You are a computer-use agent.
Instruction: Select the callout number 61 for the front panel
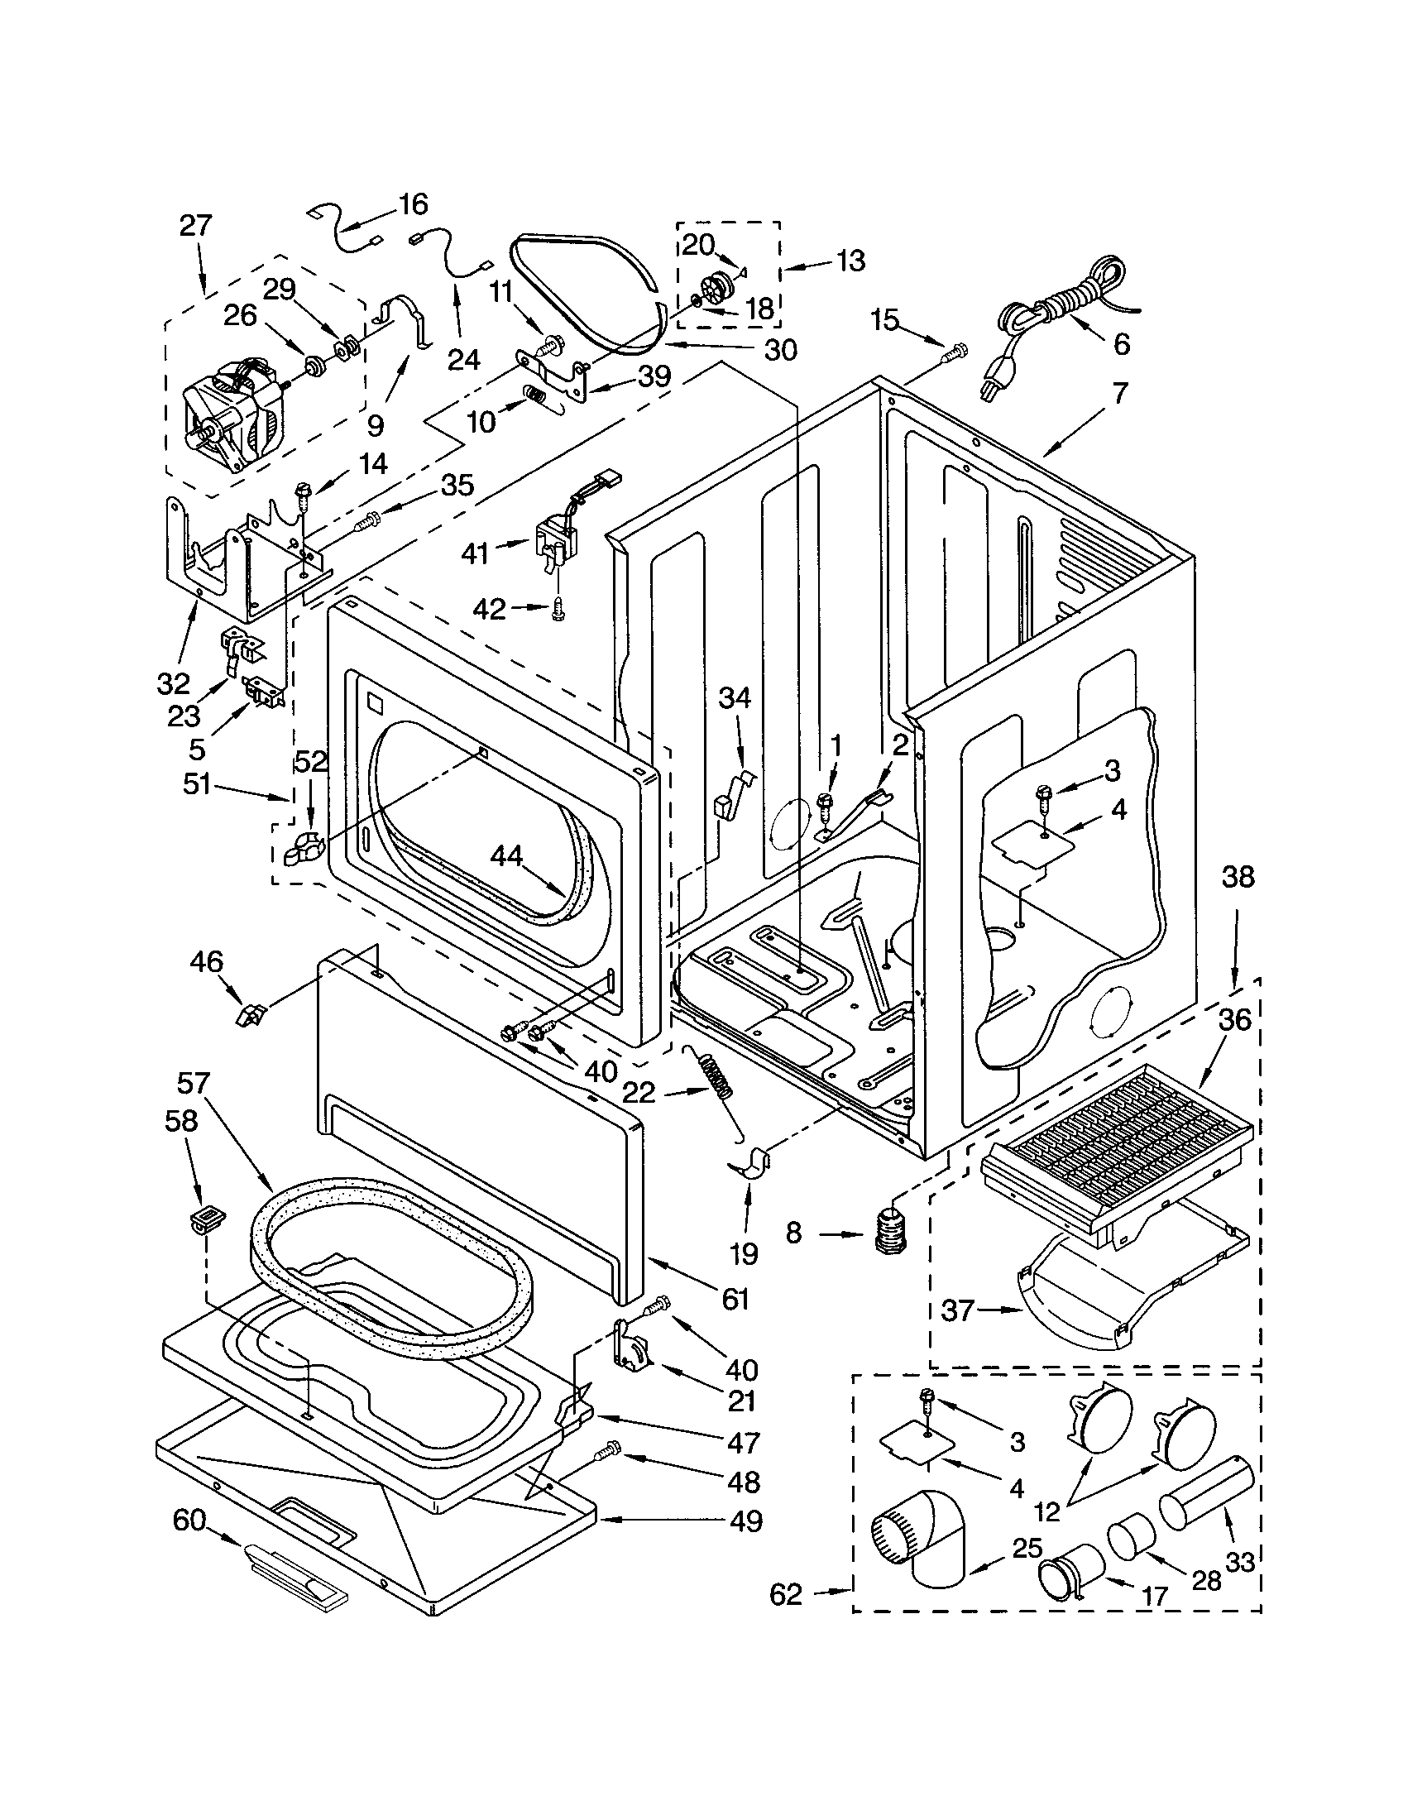coord(735,1298)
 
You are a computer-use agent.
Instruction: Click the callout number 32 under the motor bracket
coord(173,683)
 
